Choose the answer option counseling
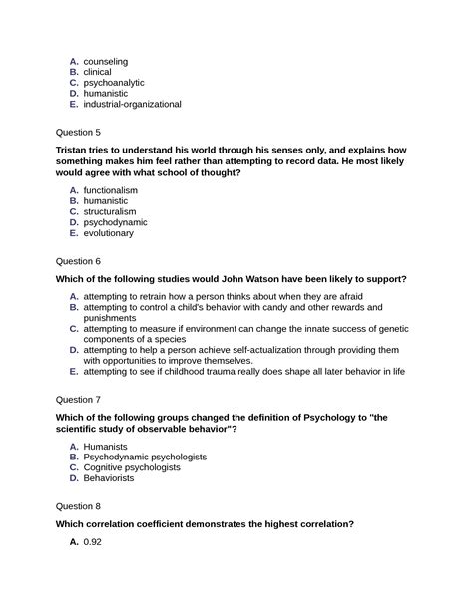(105, 61)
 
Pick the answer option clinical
(98, 72)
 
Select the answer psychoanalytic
(113, 83)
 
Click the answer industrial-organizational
(132, 104)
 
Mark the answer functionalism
(110, 190)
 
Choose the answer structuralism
(110, 212)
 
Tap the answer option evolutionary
(108, 233)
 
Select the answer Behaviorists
(112, 478)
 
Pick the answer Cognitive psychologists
(132, 467)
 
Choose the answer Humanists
(106, 446)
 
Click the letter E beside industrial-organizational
(74, 104)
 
